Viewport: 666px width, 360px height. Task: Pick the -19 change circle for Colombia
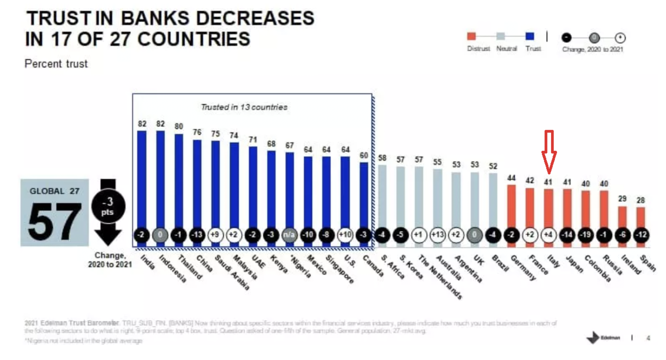[x=586, y=235]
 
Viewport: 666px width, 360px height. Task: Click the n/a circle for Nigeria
[x=289, y=235]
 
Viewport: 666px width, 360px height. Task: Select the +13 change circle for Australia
[x=437, y=235]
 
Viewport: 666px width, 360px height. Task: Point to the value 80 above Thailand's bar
[x=179, y=126]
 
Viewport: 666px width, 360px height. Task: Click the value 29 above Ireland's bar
[x=622, y=198]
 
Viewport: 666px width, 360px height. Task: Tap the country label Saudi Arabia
[x=232, y=272]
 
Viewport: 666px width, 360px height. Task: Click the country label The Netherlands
[x=440, y=277]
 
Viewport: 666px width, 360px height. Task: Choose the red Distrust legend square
[x=471, y=36]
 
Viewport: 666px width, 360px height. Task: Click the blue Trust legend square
[x=530, y=36]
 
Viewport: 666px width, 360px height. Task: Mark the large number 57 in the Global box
[x=54, y=221]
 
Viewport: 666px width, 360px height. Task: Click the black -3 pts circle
[x=108, y=206]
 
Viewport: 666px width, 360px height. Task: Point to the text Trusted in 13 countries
[x=244, y=107]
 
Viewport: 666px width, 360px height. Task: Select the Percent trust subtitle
[x=56, y=64]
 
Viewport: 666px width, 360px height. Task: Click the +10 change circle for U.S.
[x=345, y=235]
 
